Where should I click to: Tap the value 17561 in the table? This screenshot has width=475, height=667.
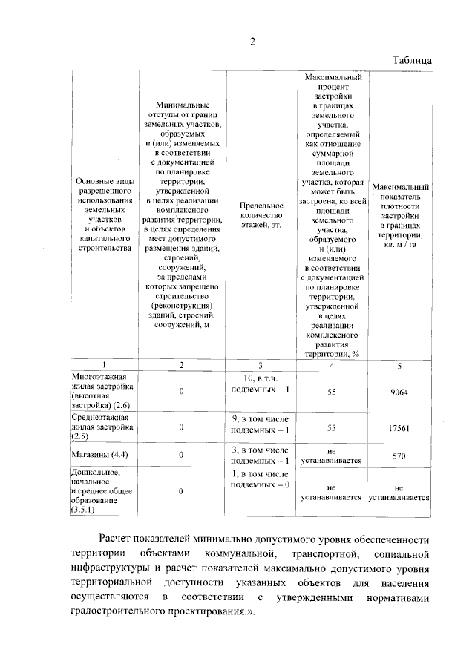pyautogui.click(x=399, y=428)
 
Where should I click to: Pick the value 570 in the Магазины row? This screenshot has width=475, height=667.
pyautogui.click(x=399, y=456)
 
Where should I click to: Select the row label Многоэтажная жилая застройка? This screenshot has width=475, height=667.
pyautogui.click(x=102, y=391)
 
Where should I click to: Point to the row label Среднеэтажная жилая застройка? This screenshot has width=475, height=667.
pyautogui.click(x=102, y=427)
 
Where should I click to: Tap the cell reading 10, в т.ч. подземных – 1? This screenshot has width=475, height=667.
pyautogui.click(x=260, y=384)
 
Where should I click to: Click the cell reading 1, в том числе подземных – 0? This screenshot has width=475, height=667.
pyautogui.click(x=260, y=479)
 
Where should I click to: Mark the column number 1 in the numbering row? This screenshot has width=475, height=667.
pyautogui.click(x=104, y=365)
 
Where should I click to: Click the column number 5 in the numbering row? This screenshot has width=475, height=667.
pyautogui.click(x=399, y=365)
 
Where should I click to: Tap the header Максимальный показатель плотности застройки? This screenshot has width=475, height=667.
pyautogui.click(x=400, y=216)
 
